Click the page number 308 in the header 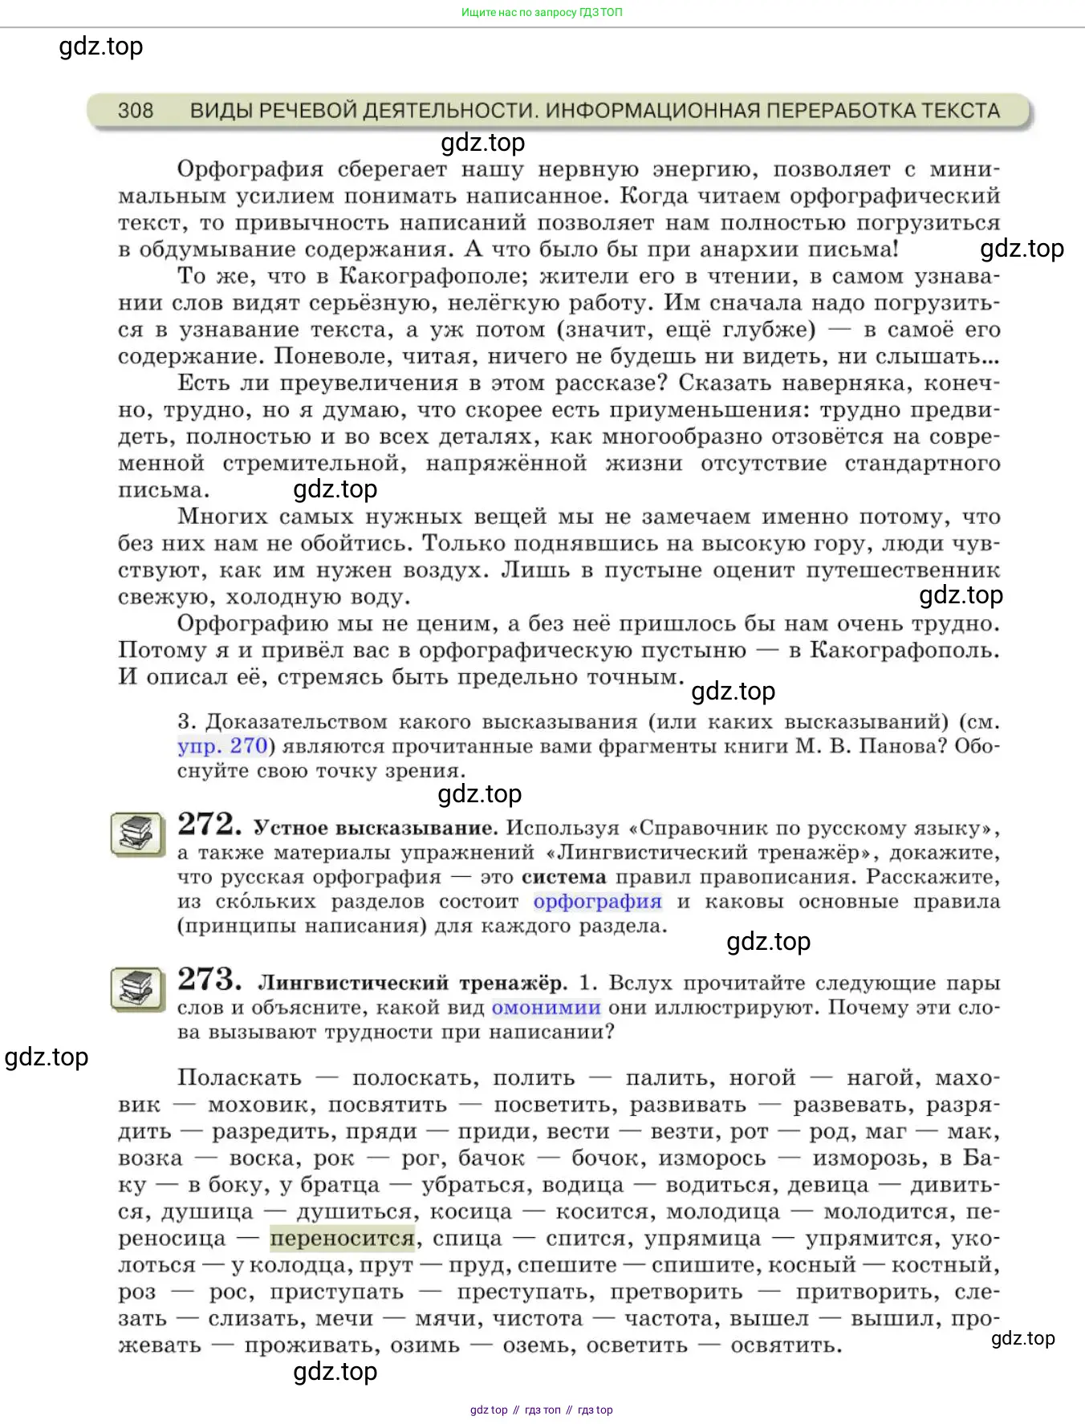tap(135, 110)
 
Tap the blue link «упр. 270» tap(222, 746)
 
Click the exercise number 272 tap(209, 824)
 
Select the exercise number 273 tap(209, 979)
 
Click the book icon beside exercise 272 tap(136, 834)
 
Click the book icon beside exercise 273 tap(136, 989)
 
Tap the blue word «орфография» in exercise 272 tap(598, 902)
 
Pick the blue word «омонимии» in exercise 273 tap(546, 1008)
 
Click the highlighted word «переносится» tap(342, 1239)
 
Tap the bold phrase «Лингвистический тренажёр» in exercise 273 tap(412, 983)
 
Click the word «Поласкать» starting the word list tap(239, 1077)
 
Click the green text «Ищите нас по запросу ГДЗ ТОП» tap(542, 12)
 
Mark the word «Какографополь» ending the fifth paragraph tap(904, 650)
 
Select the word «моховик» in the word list tap(260, 1105)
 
